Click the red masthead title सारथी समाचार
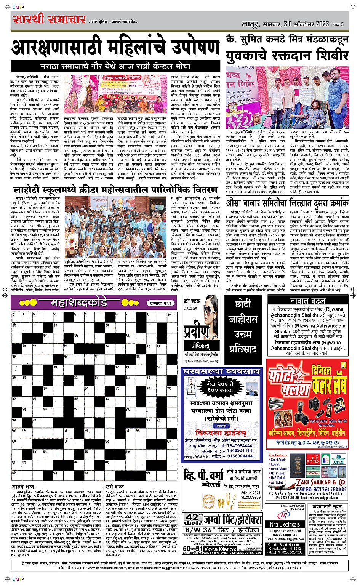(x=48, y=19)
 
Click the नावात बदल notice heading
(x=307, y=301)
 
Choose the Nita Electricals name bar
(x=285, y=524)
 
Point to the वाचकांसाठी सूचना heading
(x=327, y=507)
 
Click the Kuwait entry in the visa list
(x=275, y=464)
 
